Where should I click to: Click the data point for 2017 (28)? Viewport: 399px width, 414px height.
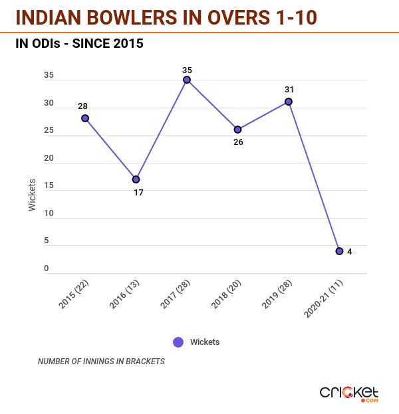(x=187, y=80)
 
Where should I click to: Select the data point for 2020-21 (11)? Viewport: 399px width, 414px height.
(x=339, y=251)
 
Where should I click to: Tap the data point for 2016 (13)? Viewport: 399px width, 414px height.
(x=136, y=179)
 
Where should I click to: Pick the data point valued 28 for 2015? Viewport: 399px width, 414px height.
(x=85, y=118)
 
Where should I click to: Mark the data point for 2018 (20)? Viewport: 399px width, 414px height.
(x=237, y=130)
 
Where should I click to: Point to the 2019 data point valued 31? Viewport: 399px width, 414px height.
(x=289, y=102)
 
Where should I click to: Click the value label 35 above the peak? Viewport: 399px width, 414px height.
(x=187, y=68)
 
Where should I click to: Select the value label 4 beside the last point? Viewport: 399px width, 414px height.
(x=350, y=251)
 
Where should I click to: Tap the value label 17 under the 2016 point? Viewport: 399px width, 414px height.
(x=138, y=192)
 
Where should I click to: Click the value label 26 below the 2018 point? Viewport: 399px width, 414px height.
(x=238, y=142)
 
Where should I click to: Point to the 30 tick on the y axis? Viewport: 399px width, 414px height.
(x=49, y=103)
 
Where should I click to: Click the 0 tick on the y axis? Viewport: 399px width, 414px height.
(x=47, y=268)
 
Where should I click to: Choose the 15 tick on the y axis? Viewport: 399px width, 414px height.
(x=49, y=186)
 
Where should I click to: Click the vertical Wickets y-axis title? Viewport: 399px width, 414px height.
(x=33, y=195)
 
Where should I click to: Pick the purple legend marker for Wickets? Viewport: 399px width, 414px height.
(x=178, y=342)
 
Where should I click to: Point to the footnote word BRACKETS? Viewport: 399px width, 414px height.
(x=144, y=362)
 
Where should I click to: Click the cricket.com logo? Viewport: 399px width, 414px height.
(x=349, y=393)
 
